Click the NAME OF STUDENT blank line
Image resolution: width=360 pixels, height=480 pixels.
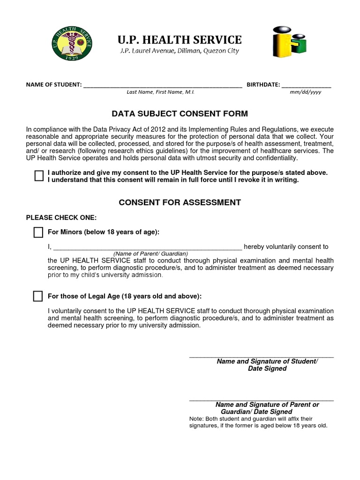[163, 86]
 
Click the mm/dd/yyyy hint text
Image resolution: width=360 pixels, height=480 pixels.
[306, 92]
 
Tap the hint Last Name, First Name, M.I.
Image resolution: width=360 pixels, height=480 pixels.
[160, 92]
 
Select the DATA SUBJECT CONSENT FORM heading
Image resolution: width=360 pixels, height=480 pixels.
[180, 114]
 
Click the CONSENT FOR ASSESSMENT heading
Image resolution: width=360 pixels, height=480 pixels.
[180, 202]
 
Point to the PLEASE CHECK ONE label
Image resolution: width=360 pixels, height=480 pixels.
[61, 217]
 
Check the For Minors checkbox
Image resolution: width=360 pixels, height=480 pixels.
[38, 232]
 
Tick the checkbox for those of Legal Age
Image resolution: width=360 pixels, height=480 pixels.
[38, 296]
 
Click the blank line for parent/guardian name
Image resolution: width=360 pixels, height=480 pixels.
[147, 247]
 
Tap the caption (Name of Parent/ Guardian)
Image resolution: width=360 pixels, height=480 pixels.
[150, 254]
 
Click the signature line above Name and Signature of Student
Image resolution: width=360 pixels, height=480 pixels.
[261, 357]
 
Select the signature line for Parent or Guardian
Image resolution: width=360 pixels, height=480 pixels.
[261, 400]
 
